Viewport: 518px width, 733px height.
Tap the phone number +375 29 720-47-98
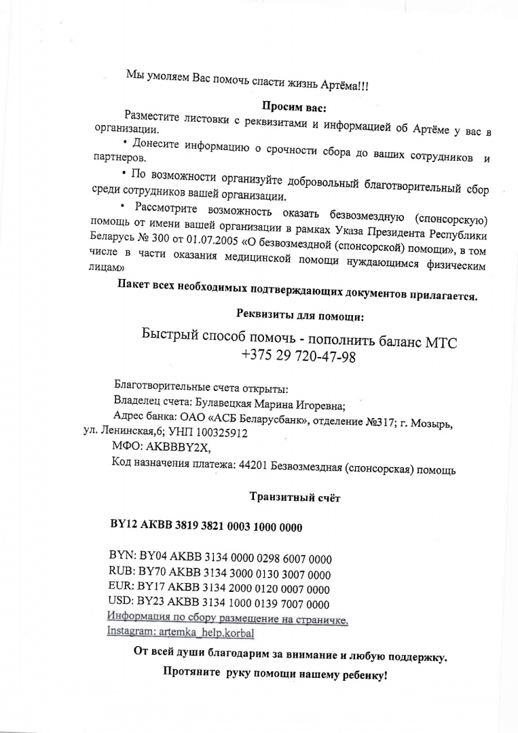[x=298, y=356]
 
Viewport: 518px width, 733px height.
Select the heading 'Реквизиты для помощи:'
[x=299, y=315]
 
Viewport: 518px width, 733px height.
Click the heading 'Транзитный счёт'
[x=295, y=497]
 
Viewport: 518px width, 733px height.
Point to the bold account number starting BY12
[x=206, y=527]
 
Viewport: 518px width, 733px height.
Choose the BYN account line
[x=220, y=559]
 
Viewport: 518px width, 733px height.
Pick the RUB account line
[x=219, y=574]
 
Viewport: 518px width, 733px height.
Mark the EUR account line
[x=219, y=588]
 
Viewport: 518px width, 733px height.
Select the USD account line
[x=219, y=603]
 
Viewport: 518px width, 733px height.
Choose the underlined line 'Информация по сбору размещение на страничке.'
[x=228, y=618]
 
